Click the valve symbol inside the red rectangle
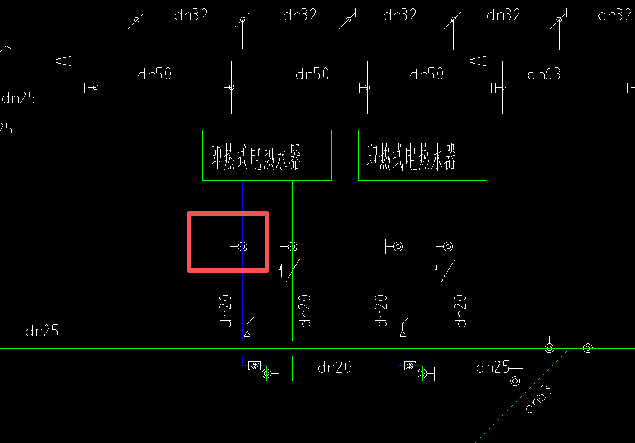(x=242, y=246)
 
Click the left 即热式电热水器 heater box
(x=266, y=156)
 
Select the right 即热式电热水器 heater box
(x=422, y=156)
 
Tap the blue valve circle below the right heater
(x=398, y=246)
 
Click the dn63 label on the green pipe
(x=543, y=74)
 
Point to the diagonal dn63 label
(x=538, y=400)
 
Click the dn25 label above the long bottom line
(x=42, y=331)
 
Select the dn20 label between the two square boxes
(x=334, y=367)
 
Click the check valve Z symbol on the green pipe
(x=292, y=270)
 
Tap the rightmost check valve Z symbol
(x=447, y=270)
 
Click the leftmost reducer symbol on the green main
(x=64, y=61)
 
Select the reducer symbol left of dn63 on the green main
(x=478, y=61)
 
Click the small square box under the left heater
(x=255, y=366)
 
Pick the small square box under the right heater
(x=410, y=366)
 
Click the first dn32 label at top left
(x=191, y=15)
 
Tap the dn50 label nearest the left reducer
(x=155, y=74)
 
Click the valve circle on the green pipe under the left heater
(x=292, y=246)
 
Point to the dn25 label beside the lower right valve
(x=492, y=368)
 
